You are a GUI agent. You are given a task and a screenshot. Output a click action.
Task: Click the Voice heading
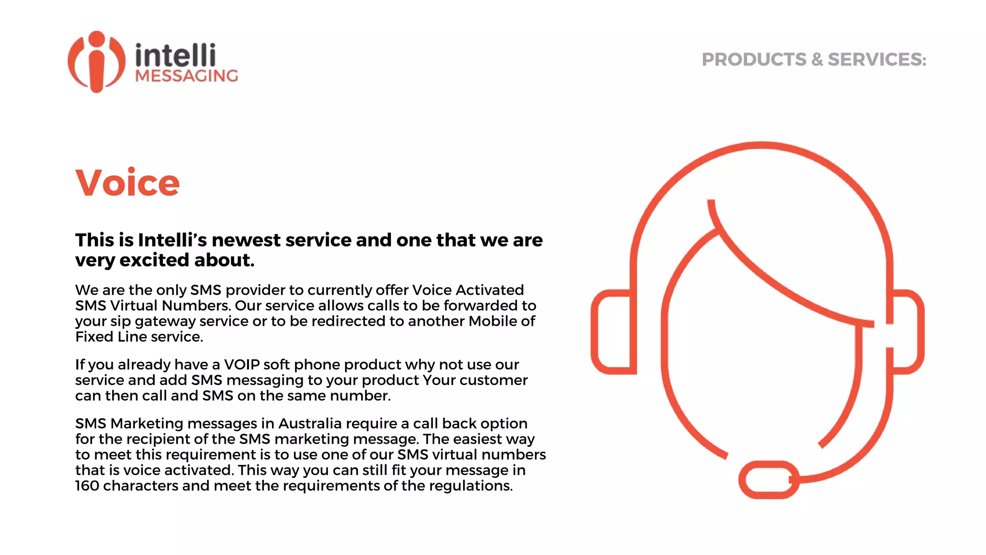(x=128, y=184)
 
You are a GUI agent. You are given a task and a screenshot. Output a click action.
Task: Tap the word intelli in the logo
(x=175, y=56)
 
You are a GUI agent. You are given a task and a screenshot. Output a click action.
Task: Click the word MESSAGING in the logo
(x=187, y=76)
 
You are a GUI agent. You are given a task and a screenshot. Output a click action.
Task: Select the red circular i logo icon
(x=96, y=62)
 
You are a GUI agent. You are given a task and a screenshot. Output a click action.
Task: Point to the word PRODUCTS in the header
(x=753, y=60)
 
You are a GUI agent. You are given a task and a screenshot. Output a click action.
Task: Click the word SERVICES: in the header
(x=877, y=60)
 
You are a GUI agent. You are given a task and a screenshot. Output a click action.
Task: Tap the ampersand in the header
(x=817, y=60)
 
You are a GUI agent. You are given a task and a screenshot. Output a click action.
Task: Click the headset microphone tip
(x=768, y=480)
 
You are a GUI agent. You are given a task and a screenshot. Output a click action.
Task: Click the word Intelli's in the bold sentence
(x=172, y=240)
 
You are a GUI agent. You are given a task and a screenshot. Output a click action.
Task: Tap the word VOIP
(x=242, y=365)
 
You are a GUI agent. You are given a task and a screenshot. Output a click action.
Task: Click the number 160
(x=87, y=486)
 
